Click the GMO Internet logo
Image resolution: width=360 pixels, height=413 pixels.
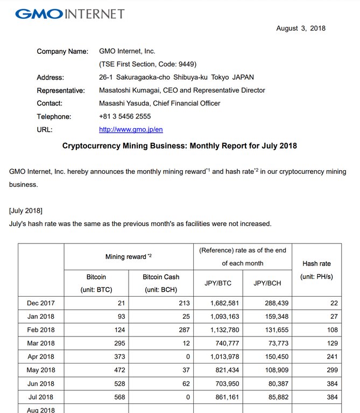coord(69,13)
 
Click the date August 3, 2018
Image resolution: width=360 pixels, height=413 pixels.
coord(300,29)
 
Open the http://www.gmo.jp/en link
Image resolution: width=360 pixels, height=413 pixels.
coord(124,130)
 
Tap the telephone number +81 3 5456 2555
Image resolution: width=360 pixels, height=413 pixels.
coord(125,116)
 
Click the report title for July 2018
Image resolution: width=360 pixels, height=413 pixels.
coord(180,146)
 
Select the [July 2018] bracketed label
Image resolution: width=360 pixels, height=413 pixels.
coord(26,210)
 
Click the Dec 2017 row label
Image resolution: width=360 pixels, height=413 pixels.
coord(41,303)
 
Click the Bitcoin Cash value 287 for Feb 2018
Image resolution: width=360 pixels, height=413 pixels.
coord(183,330)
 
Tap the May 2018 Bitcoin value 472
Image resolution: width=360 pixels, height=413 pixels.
coord(119,369)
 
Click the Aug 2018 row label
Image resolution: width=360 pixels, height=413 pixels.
coord(41,409)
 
